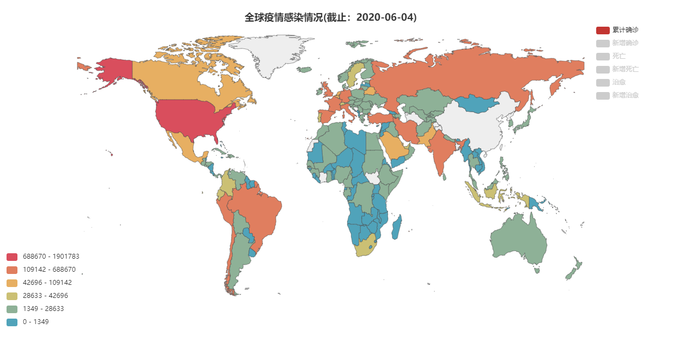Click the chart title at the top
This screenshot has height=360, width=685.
pos(330,17)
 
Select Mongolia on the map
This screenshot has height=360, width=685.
pos(478,103)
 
